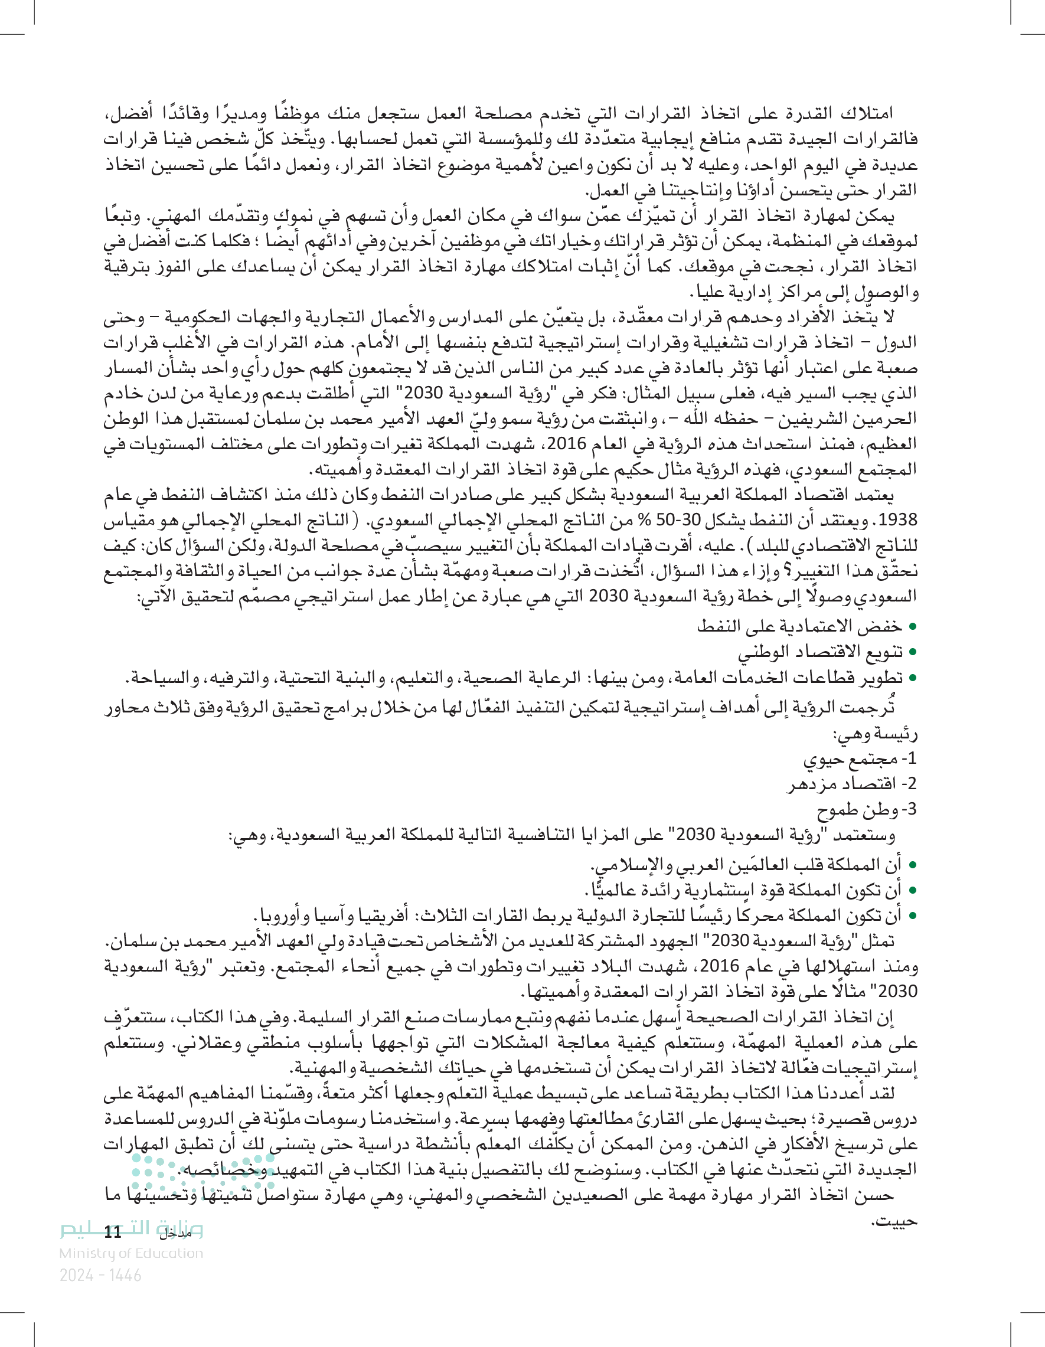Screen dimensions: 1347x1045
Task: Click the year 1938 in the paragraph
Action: (x=897, y=520)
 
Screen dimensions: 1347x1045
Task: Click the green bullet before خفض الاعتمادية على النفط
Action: (x=912, y=627)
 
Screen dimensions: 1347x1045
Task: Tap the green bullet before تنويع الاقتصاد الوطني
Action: (x=912, y=652)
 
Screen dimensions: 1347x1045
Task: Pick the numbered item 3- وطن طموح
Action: (x=866, y=809)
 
